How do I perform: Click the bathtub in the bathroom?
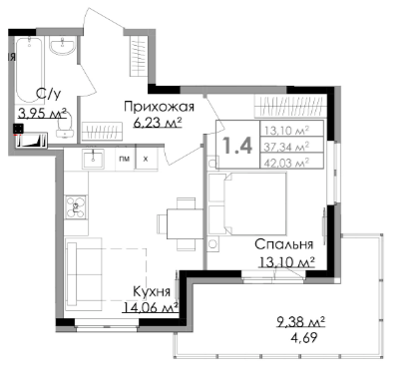click(29, 70)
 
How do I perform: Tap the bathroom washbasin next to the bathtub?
click(63, 45)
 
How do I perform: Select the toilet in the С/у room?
click(65, 128)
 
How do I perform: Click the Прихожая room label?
click(159, 107)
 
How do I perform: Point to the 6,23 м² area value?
click(157, 123)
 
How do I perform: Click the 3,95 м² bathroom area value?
click(43, 114)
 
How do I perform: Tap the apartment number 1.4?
click(237, 145)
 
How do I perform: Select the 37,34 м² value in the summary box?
click(287, 146)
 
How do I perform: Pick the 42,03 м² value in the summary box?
click(287, 162)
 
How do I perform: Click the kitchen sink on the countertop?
click(93, 159)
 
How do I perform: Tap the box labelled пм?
click(125, 159)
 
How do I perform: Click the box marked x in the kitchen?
click(146, 159)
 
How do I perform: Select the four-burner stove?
click(76, 207)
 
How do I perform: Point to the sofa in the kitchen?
click(84, 274)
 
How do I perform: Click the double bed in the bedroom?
click(247, 203)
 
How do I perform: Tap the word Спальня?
click(284, 244)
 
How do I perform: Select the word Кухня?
click(152, 291)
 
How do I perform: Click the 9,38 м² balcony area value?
click(300, 321)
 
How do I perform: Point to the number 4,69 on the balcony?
click(304, 338)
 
